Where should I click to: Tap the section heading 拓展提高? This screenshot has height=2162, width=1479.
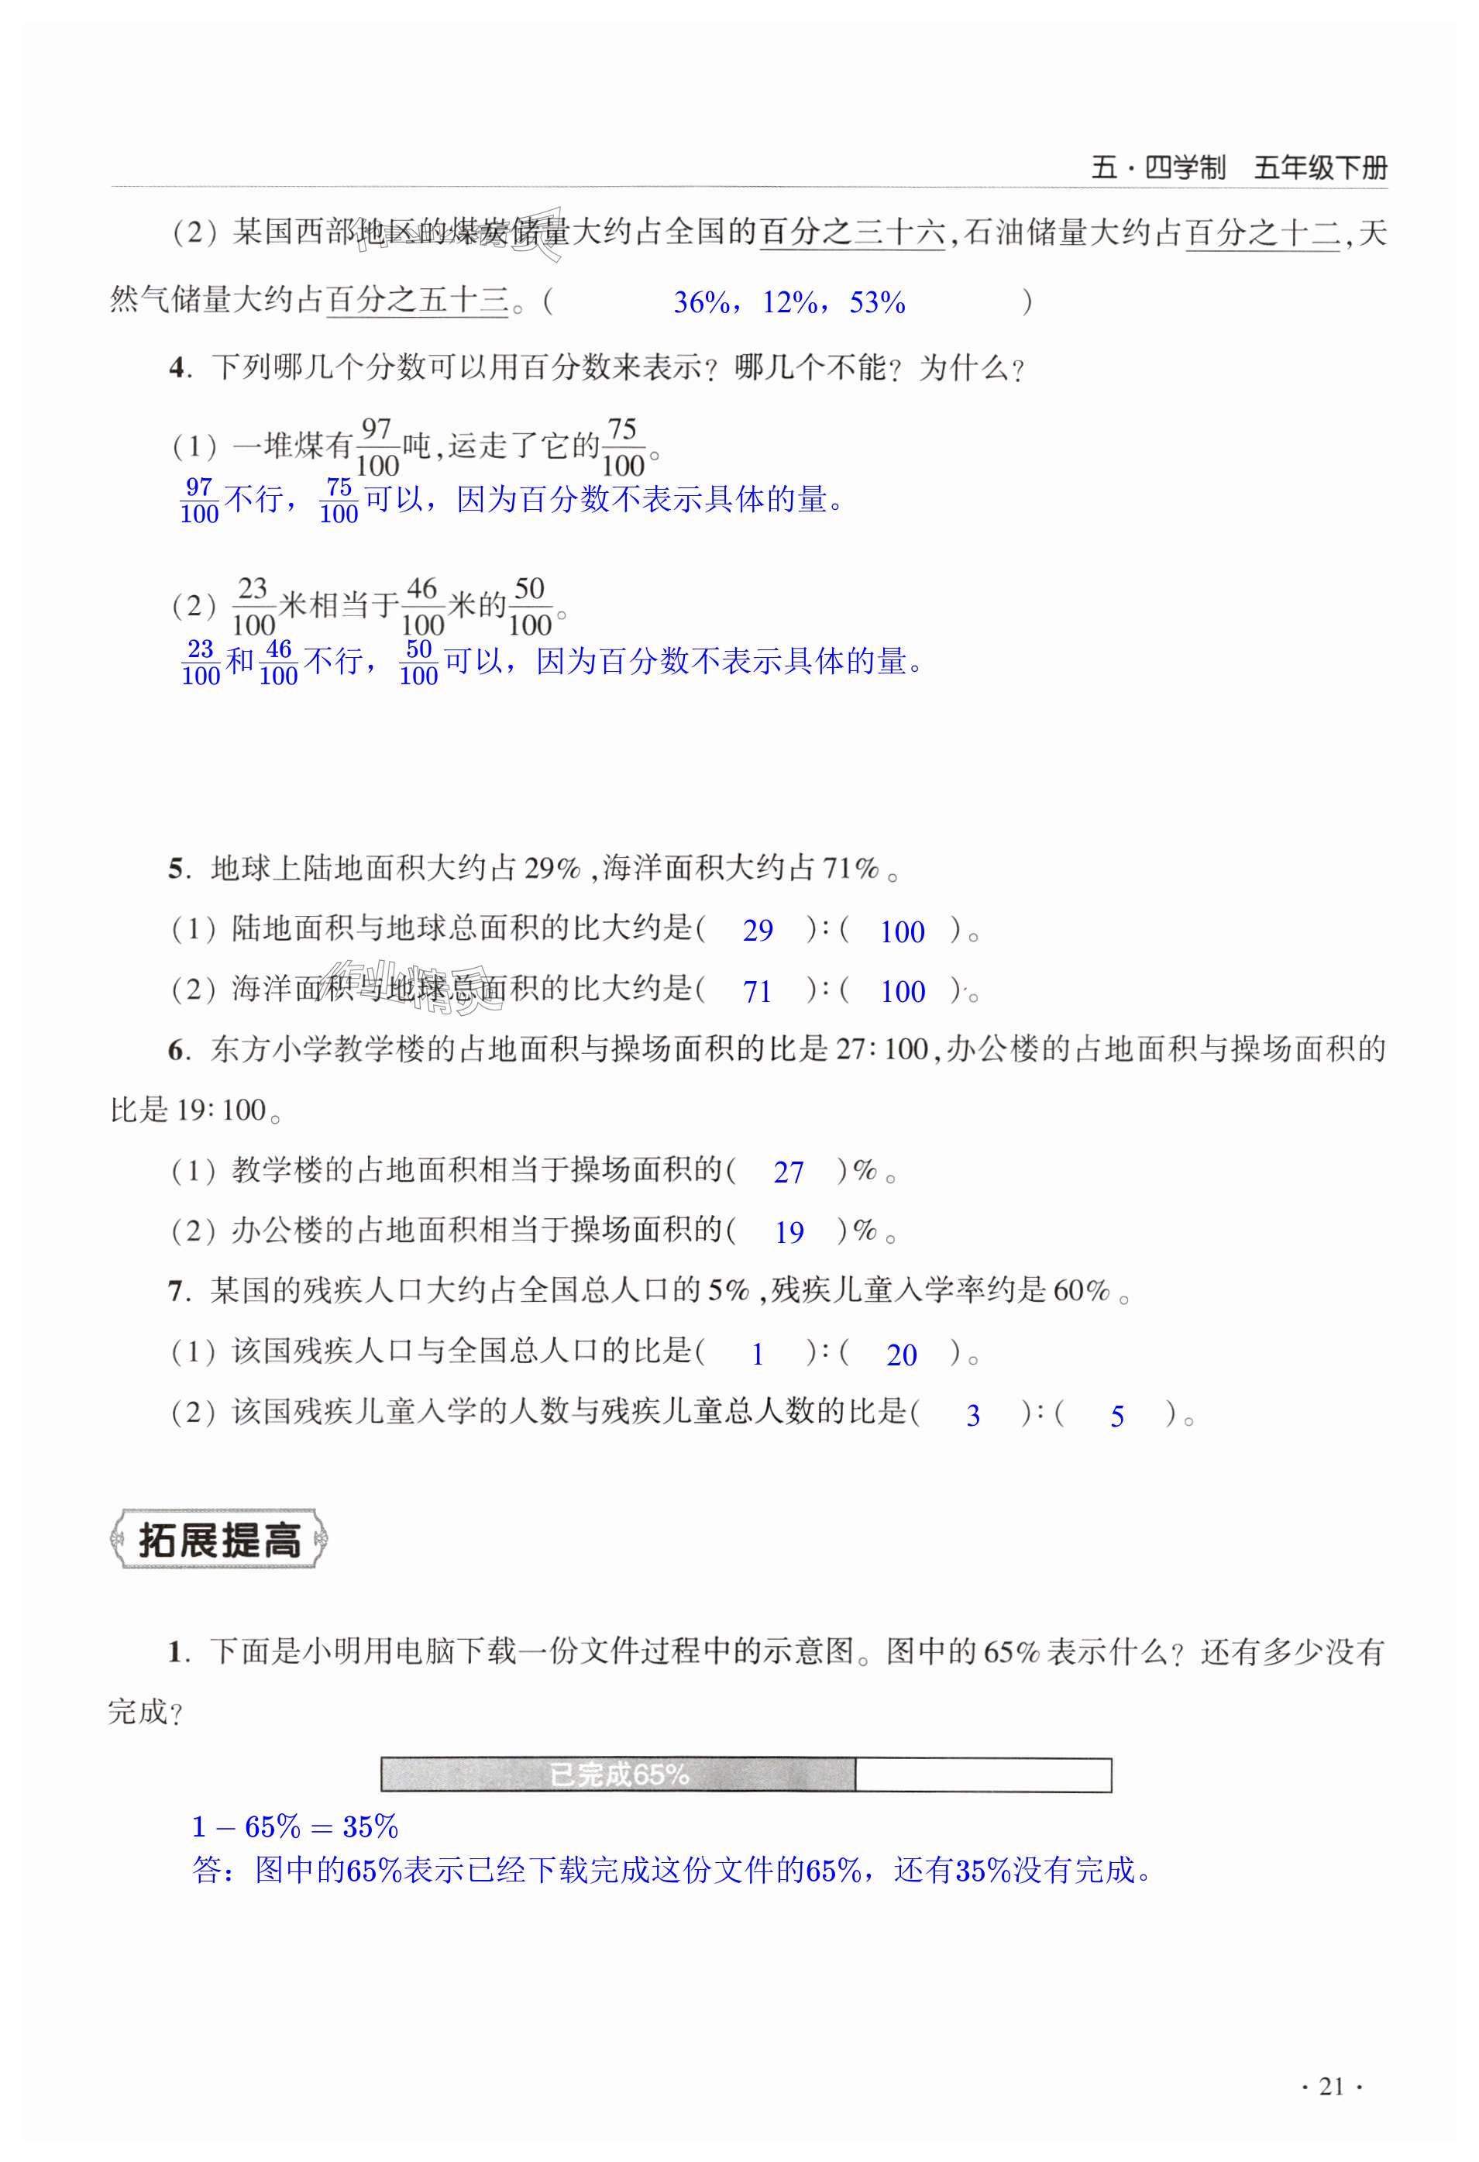(x=219, y=1540)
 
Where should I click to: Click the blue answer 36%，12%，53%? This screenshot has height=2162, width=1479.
(x=789, y=302)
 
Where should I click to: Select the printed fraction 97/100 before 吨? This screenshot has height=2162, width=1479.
(x=377, y=447)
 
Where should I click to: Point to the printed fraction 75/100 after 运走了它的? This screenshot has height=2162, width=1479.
(x=622, y=447)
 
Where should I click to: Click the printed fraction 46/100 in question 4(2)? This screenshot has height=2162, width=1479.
(x=422, y=607)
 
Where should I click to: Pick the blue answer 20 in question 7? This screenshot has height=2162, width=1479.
(x=901, y=1355)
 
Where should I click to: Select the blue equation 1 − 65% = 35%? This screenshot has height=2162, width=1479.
(x=295, y=1827)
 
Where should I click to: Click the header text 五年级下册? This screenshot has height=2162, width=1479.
(x=1320, y=168)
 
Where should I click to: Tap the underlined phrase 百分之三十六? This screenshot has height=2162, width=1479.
(x=852, y=232)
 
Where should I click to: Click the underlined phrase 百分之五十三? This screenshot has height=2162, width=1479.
(x=417, y=301)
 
